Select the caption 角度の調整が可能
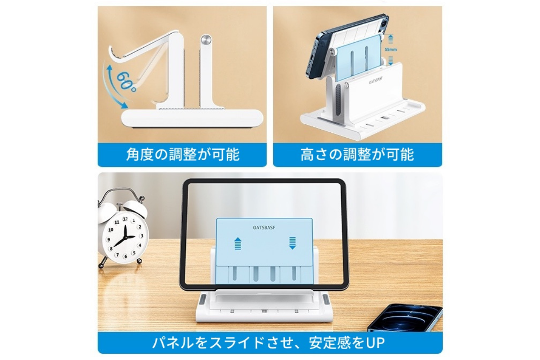(x=182, y=155)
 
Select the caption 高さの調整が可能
(x=357, y=155)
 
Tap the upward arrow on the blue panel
(x=238, y=243)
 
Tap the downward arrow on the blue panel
(x=292, y=243)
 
